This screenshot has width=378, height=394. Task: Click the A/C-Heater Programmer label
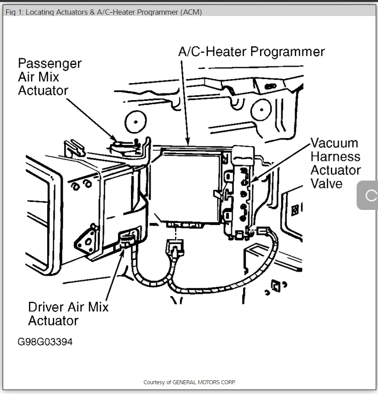[x=252, y=52]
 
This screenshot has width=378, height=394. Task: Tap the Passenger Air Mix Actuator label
[x=49, y=77]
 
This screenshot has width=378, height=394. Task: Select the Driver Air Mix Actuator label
[x=68, y=314]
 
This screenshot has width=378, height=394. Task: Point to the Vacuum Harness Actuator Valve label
[x=335, y=163]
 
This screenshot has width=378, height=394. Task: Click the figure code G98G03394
[x=45, y=342]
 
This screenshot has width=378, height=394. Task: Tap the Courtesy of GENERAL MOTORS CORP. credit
[x=189, y=382]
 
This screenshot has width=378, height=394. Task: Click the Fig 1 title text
[x=103, y=12]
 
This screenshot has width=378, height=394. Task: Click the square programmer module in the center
[x=190, y=185]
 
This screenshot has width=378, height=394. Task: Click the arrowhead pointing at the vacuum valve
[x=252, y=180]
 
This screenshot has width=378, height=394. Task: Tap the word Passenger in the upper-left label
[x=49, y=64]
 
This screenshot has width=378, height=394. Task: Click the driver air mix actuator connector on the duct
[x=127, y=241]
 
